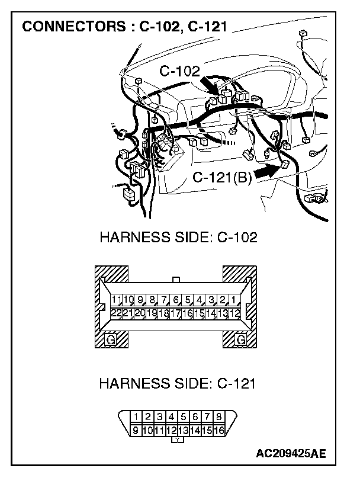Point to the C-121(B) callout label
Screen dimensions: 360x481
tap(222, 178)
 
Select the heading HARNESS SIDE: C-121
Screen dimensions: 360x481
tap(177, 383)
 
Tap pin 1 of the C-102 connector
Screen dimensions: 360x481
tap(234, 300)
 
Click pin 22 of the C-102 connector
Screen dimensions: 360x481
tap(116, 312)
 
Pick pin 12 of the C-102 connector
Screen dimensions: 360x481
tap(234, 312)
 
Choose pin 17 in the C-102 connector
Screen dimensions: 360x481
tap(175, 312)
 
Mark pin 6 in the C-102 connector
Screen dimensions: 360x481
tap(176, 300)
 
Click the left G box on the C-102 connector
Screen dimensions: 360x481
tap(110, 340)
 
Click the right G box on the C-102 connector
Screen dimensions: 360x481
tap(240, 340)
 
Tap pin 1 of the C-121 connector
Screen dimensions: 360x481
tap(136, 416)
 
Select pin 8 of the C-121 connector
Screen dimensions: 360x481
tap(218, 416)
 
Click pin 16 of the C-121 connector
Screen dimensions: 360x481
tap(218, 429)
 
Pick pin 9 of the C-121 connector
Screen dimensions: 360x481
tap(136, 429)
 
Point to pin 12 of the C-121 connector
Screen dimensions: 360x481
tap(172, 429)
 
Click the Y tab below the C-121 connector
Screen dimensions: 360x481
tap(177, 440)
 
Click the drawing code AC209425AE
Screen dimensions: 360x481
tap(291, 454)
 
